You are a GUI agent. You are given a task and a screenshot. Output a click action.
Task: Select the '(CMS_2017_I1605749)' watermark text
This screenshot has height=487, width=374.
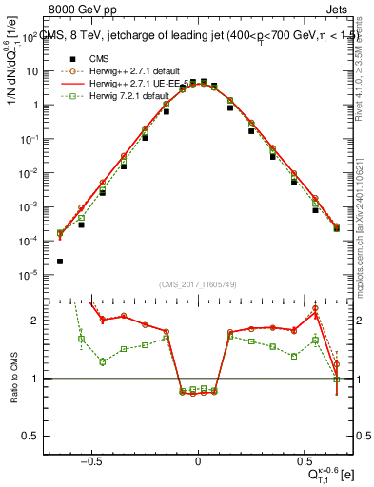(x=197, y=284)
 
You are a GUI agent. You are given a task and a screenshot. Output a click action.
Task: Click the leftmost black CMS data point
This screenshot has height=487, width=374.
(x=60, y=261)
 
